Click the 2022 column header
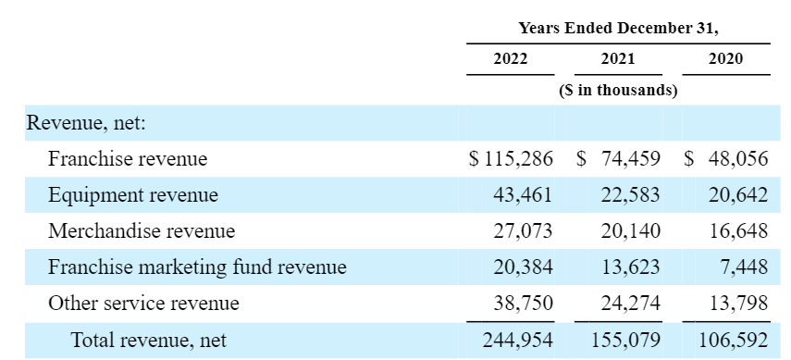point(511,58)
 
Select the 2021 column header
point(618,58)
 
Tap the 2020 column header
point(725,58)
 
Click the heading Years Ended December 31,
point(618,28)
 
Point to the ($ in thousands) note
point(618,90)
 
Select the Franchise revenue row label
point(128,159)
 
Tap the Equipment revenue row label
point(133,195)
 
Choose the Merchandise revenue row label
point(142,231)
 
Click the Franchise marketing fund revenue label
point(197,268)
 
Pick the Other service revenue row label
point(143,304)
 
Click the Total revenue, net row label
point(149,341)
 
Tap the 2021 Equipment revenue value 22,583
point(630,195)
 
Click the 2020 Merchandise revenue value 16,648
point(737,231)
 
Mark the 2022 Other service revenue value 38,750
point(523,304)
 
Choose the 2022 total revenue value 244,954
point(518,341)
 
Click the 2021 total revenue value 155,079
point(625,341)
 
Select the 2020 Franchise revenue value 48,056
point(737,159)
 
